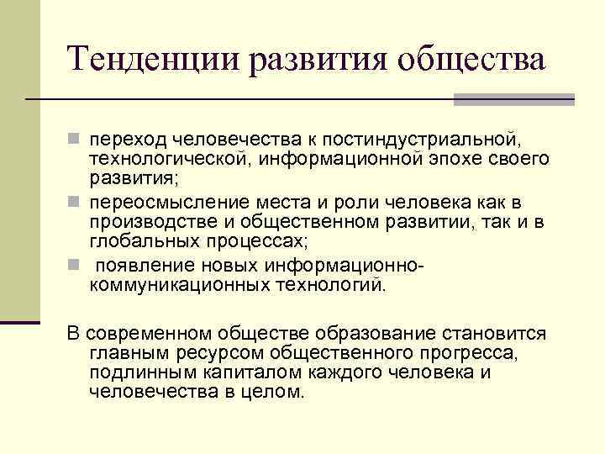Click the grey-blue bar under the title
[x=513, y=100]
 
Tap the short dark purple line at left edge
[x=20, y=322]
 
